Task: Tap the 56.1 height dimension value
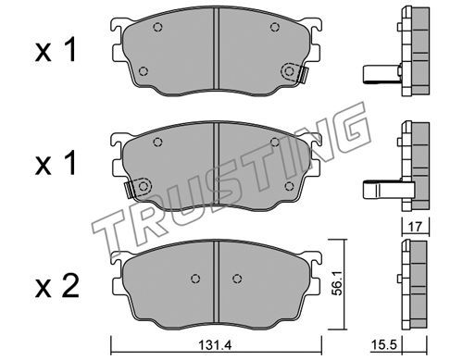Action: coord(337,283)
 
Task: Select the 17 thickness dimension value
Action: coord(415,227)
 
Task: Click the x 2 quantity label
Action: coord(57,287)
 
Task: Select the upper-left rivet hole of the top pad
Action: coord(157,27)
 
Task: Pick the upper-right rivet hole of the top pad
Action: coord(275,27)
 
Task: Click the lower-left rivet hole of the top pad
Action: coord(144,71)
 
